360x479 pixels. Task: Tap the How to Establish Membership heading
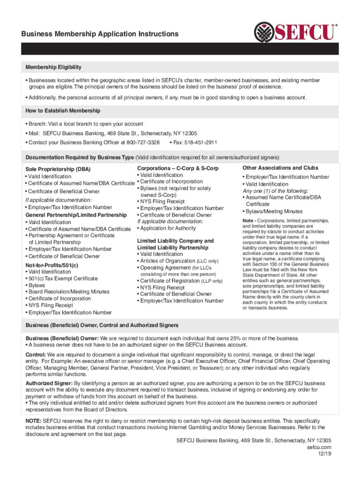coord(63,111)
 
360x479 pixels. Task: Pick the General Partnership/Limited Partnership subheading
coord(76,215)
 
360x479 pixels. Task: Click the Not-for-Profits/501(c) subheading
coord(51,265)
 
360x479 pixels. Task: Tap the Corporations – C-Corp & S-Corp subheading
coord(178,168)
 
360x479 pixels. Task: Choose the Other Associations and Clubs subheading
coord(281,168)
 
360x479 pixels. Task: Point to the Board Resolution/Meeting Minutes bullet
coord(69,291)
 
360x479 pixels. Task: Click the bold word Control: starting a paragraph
coord(35,355)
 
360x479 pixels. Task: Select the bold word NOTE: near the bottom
coord(34,421)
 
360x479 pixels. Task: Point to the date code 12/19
coord(325,454)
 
